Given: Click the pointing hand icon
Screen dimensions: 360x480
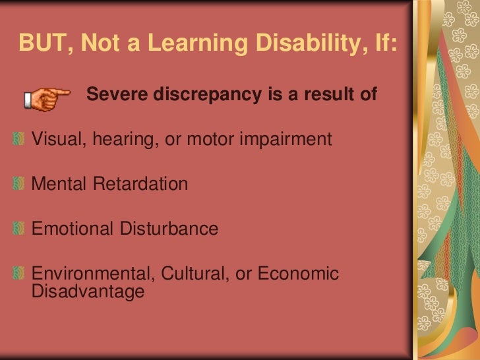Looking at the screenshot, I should tap(47, 99).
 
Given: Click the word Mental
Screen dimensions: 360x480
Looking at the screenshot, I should tap(59, 184).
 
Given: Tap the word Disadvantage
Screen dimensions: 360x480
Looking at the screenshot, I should tap(87, 291).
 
